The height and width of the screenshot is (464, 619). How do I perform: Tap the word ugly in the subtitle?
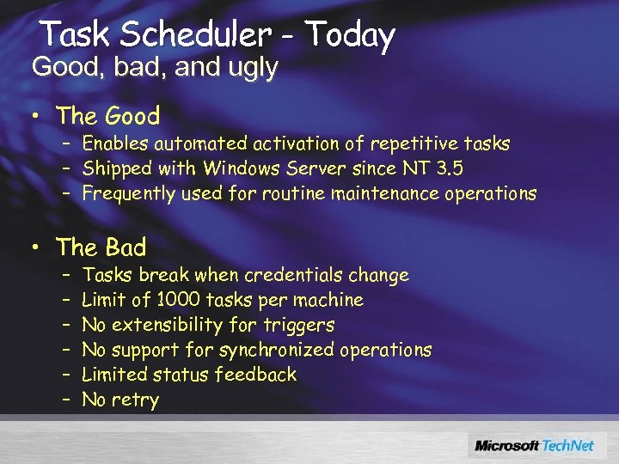coord(248,68)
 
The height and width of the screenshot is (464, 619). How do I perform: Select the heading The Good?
coord(107,116)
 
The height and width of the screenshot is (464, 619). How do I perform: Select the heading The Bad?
coord(101,247)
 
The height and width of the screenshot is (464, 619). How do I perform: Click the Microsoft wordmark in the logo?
coord(507,445)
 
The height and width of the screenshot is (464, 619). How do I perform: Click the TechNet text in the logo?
coord(570,445)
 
